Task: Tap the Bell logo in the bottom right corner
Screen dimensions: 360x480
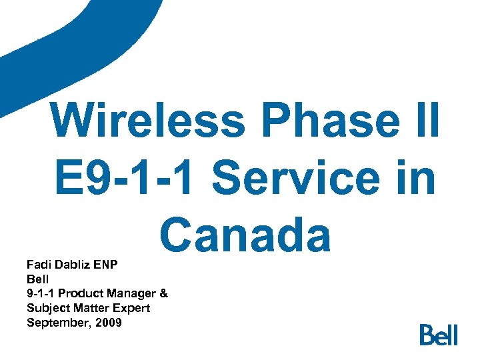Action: [x=439, y=334]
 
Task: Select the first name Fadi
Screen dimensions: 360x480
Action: [x=39, y=265]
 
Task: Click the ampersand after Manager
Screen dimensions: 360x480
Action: [x=164, y=293]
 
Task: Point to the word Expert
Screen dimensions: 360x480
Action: [x=130, y=308]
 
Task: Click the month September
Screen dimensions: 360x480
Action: [x=55, y=323]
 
